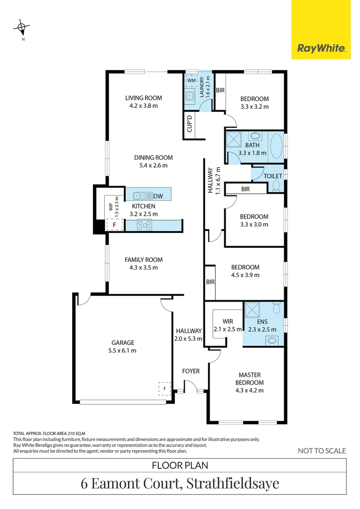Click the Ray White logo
pyautogui.click(x=321, y=48)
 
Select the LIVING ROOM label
pyautogui.click(x=143, y=98)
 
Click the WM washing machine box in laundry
pyautogui.click(x=191, y=81)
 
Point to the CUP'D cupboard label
pyautogui.click(x=190, y=123)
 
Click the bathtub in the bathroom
pyautogui.click(x=276, y=147)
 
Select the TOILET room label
pyautogui.click(x=273, y=176)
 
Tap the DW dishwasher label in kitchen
pyautogui.click(x=158, y=196)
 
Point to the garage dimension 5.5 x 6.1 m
pyautogui.click(x=123, y=351)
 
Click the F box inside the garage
pyautogui.click(x=164, y=388)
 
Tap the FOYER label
pyautogui.click(x=191, y=371)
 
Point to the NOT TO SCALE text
pyautogui.click(x=322, y=451)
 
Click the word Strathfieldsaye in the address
pyautogui.click(x=233, y=483)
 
